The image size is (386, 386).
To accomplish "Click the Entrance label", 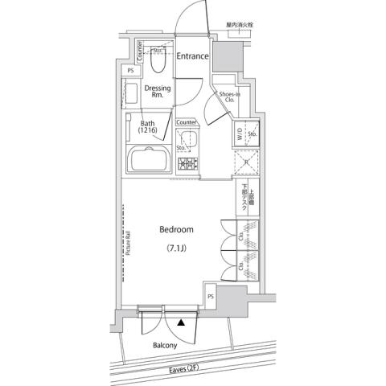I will pyautogui.click(x=193, y=56).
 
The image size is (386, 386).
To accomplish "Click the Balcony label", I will pyautogui.click(x=166, y=347).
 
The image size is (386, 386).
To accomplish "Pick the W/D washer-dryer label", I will pyautogui.click(x=239, y=135).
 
